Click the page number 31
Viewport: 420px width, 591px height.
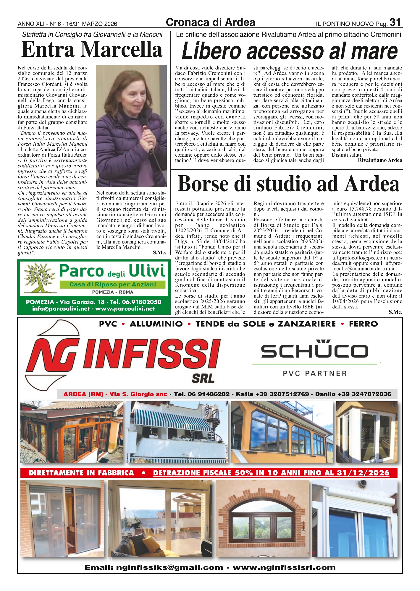click(x=395, y=22)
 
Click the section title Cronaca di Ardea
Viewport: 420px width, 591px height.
click(x=210, y=22)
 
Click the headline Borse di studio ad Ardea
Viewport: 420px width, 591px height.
click(x=288, y=184)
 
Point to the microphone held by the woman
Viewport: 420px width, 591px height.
click(x=144, y=123)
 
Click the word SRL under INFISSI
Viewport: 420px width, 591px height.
click(x=203, y=378)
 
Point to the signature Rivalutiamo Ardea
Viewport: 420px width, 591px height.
click(x=380, y=160)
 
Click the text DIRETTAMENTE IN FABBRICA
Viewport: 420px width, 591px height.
click(x=81, y=473)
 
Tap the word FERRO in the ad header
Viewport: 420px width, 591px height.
click(x=363, y=324)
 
